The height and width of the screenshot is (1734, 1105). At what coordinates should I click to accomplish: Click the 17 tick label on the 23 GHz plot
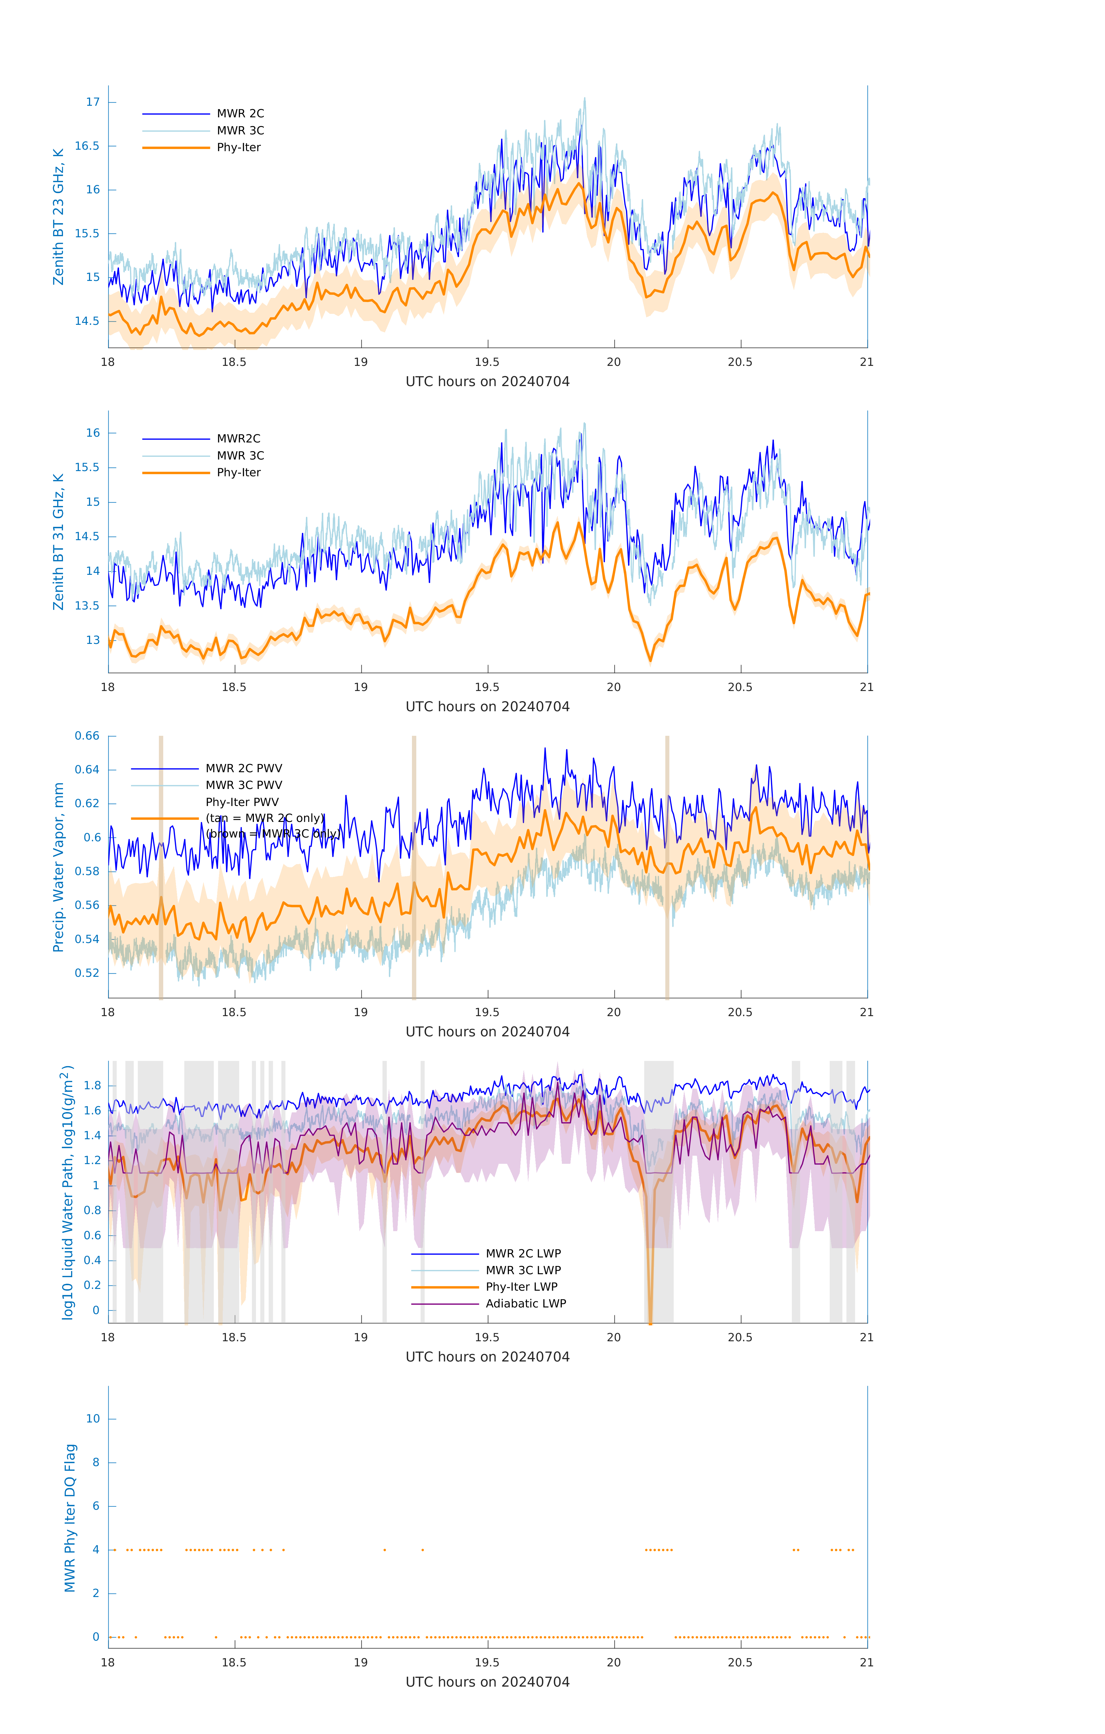[x=93, y=102]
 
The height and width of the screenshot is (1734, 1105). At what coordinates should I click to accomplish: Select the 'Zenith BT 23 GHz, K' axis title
[x=58, y=217]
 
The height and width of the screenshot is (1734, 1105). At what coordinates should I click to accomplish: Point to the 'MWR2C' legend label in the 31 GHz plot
[x=238, y=438]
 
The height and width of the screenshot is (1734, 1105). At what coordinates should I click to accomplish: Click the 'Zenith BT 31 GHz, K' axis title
[x=58, y=542]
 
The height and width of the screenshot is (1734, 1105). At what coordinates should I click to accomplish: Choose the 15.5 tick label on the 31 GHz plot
[x=87, y=467]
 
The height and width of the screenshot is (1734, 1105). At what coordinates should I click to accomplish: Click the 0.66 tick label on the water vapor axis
[x=87, y=736]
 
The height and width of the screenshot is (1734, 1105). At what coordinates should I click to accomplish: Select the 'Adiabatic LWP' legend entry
[x=525, y=1303]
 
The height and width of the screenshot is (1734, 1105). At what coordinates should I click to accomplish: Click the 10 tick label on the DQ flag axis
[x=93, y=1419]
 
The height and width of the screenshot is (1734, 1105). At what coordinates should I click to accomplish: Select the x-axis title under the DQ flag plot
[x=487, y=1682]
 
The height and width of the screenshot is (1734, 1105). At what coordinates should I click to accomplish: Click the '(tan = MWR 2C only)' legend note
[x=265, y=818]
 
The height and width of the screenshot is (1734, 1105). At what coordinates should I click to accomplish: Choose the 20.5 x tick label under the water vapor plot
[x=740, y=1012]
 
